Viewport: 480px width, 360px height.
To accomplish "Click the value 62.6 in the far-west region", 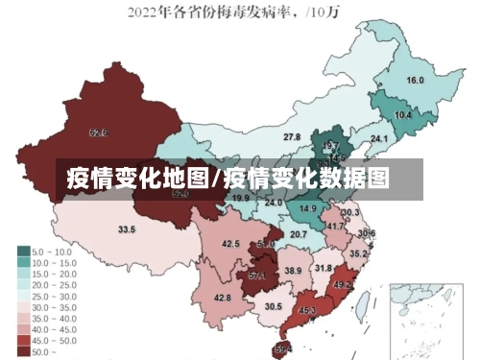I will (x=98, y=132).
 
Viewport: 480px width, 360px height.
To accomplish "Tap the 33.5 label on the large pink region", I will (x=127, y=229).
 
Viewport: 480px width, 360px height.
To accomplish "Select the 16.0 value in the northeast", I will (x=415, y=81).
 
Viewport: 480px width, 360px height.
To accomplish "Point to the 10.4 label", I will (x=403, y=115).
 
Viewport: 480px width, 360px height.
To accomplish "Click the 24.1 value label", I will (x=379, y=139).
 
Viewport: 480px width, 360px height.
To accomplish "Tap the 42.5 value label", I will (x=230, y=244).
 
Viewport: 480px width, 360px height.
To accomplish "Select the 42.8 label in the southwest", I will (x=223, y=299).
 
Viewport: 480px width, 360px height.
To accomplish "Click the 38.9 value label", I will (x=293, y=272).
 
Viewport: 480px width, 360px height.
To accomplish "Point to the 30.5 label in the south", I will (x=274, y=307).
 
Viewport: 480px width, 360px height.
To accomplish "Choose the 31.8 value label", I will (x=324, y=269).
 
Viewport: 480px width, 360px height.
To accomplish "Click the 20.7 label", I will (x=299, y=234).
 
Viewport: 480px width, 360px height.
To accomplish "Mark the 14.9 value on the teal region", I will (x=308, y=208).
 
